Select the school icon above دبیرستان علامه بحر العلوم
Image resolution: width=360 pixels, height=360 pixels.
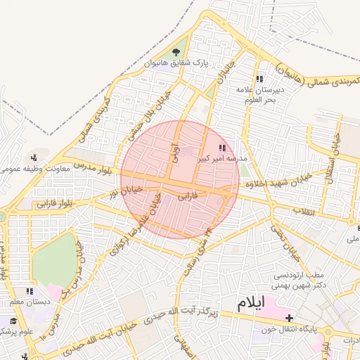(x=259, y=79)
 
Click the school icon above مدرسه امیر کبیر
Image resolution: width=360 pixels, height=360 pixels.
(x=222, y=148)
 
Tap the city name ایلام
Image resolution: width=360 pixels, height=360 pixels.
(x=252, y=304)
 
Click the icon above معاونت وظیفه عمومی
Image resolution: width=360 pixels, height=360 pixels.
(x=34, y=157)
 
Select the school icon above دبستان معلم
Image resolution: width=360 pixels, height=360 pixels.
(x=30, y=291)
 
